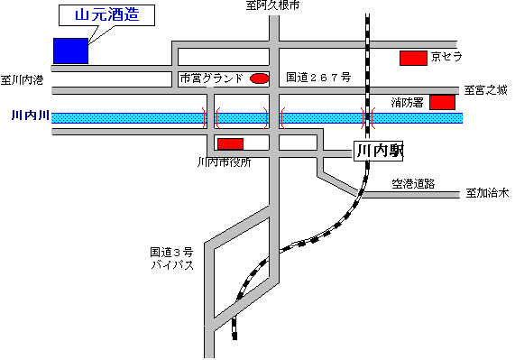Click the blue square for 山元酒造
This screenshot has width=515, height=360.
[70, 51]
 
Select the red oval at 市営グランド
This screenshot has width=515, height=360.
[259, 78]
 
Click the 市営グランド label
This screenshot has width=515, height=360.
[212, 78]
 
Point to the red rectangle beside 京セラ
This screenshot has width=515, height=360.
[413, 58]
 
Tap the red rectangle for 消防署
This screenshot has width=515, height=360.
[442, 102]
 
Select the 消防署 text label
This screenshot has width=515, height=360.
[408, 103]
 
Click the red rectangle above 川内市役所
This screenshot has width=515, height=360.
[231, 143]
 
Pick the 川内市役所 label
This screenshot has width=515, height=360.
[224, 162]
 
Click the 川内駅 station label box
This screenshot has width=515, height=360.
[378, 152]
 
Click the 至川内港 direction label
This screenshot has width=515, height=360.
[23, 79]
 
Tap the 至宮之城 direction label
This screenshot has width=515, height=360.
[487, 89]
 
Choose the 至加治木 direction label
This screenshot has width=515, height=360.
[488, 193]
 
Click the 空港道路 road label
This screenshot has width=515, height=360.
[413, 183]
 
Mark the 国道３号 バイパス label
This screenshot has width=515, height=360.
[172, 259]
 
